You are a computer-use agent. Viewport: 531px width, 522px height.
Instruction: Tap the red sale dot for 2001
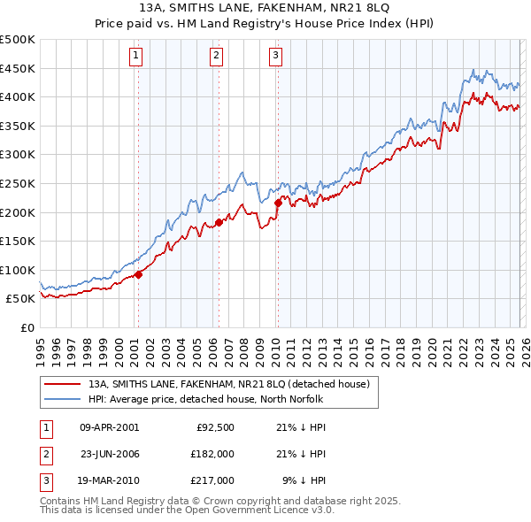click(x=138, y=274)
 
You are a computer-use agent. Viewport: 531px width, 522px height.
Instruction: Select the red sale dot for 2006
click(x=219, y=223)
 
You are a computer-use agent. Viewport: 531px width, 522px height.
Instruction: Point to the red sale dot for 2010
click(x=278, y=203)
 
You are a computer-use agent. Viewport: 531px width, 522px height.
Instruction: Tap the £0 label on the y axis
click(x=27, y=327)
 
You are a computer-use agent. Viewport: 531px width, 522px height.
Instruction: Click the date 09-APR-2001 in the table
click(x=109, y=427)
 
